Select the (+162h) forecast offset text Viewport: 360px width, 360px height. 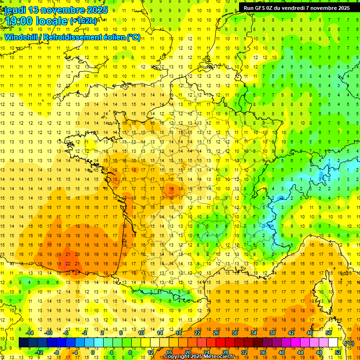83,21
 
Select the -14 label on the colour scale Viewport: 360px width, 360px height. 30,333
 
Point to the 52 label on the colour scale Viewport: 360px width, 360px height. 338,352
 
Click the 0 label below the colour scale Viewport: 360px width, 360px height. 93,352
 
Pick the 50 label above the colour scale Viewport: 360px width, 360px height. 329,333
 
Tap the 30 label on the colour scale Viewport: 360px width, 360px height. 234,333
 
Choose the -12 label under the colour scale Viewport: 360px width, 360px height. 39,352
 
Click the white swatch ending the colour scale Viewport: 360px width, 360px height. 333,343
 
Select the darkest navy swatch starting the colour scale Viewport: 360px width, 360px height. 23,343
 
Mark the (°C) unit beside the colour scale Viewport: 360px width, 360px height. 349,343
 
